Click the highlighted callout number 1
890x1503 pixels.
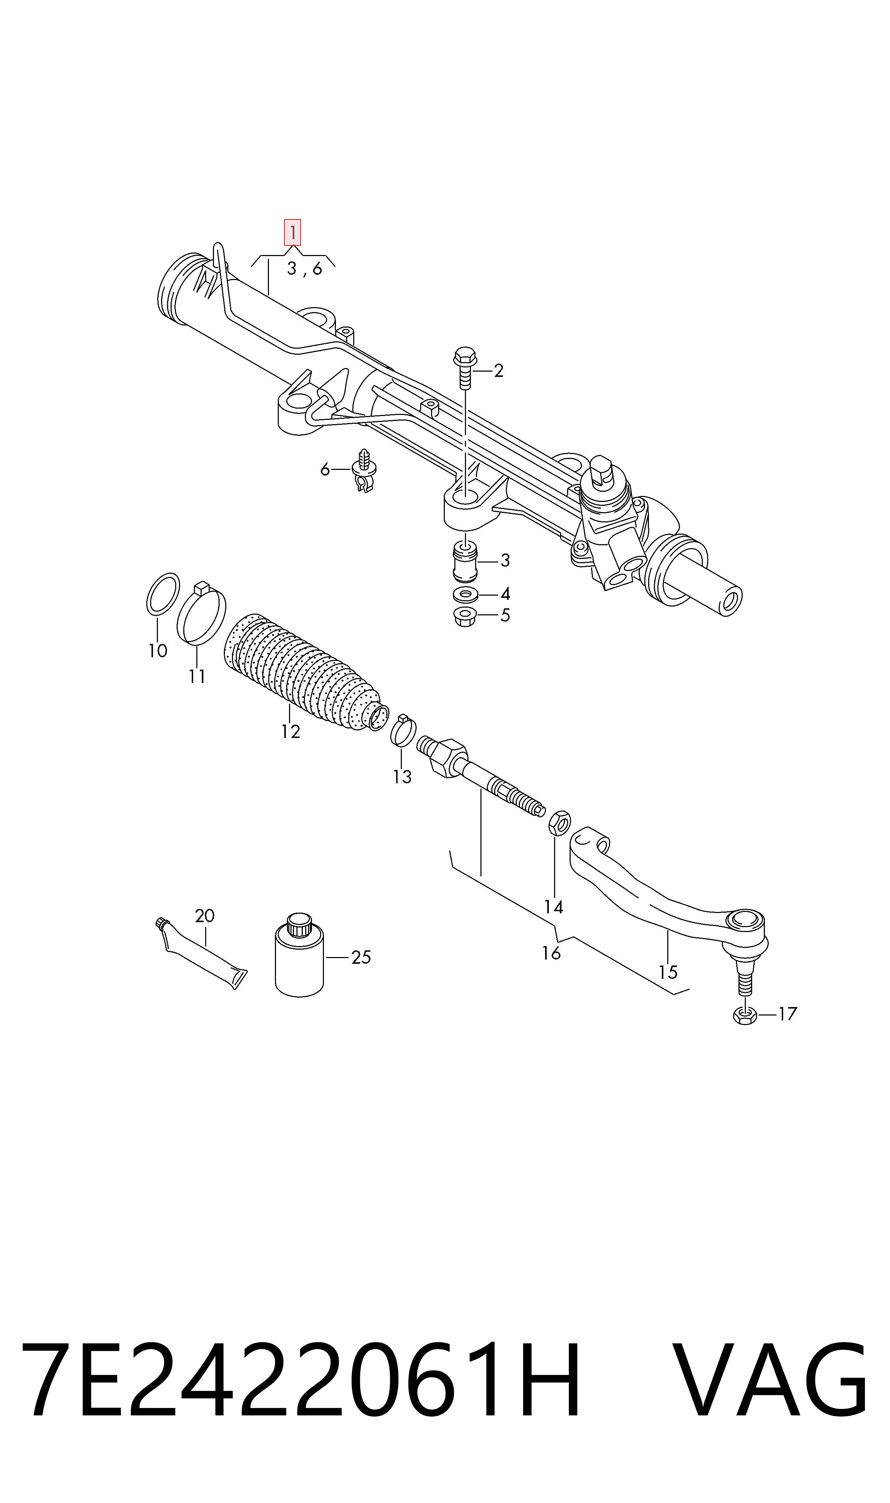292,232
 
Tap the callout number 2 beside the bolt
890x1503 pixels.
498,371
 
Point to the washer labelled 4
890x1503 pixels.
465,595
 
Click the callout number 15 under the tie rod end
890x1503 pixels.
668,971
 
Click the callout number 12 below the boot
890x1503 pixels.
290,732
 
